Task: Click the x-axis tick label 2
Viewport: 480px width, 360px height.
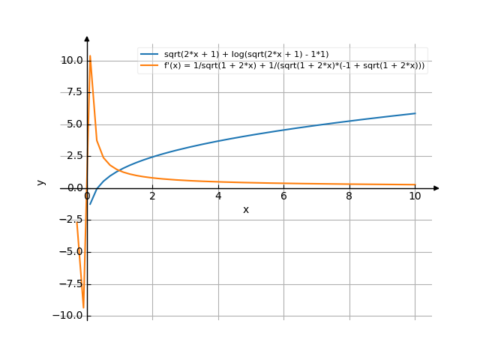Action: click(152, 196)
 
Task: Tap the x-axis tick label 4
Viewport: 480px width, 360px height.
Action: click(218, 196)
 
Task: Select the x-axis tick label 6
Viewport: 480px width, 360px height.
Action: click(283, 196)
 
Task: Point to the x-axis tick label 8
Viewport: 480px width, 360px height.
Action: click(349, 196)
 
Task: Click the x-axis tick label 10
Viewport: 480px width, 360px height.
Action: click(415, 196)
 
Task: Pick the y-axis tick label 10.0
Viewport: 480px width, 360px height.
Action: click(72, 60)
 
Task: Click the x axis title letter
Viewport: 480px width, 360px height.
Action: click(245, 210)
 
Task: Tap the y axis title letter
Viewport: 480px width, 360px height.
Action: click(40, 181)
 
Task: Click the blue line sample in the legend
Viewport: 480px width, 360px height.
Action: click(149, 55)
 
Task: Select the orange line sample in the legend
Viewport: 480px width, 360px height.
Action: click(149, 65)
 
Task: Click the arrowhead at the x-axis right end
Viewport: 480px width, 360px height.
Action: click(436, 187)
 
